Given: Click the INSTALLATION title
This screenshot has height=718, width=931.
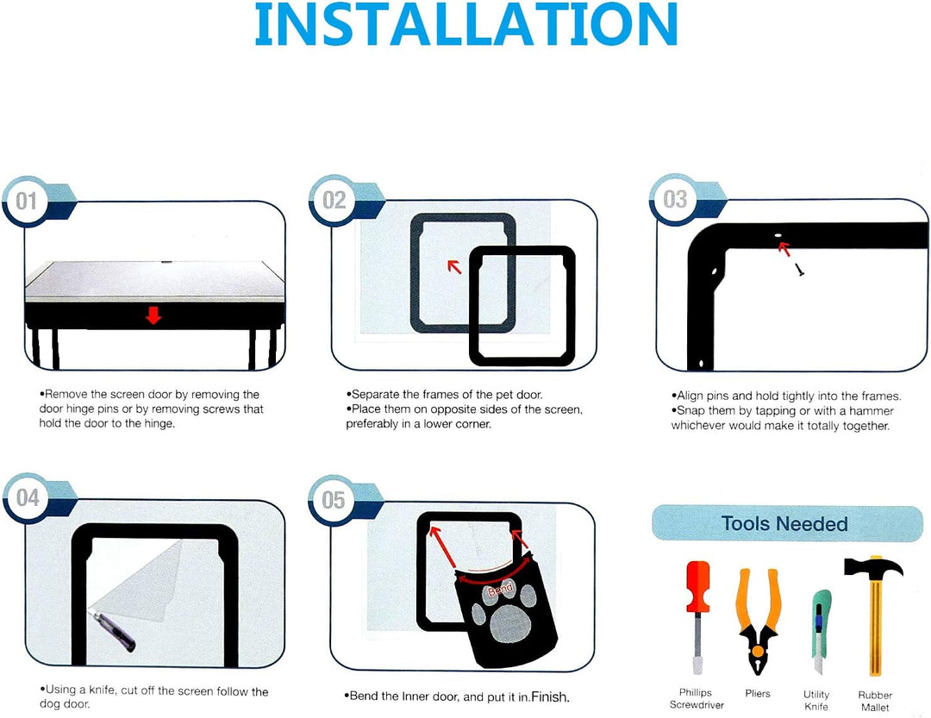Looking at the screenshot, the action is point(466,24).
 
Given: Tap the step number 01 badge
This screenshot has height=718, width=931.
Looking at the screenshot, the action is point(26,201).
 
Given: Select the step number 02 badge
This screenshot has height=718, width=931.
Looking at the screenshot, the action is point(333,200).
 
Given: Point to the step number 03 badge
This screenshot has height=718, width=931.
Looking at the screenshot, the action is point(674,199).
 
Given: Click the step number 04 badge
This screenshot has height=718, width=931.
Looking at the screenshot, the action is point(28,497).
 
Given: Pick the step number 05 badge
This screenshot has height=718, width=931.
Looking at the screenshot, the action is point(333,500).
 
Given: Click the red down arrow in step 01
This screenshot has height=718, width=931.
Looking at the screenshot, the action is point(153,315).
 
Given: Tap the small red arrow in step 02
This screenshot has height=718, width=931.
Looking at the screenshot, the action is point(454,266).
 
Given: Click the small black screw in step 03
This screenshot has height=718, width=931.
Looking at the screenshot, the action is point(799,270).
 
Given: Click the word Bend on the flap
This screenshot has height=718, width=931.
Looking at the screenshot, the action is point(500,590).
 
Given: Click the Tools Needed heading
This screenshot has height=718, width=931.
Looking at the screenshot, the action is point(784,523).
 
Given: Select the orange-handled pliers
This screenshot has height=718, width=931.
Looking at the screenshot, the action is point(757,621).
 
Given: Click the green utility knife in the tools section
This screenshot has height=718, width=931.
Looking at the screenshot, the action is point(820,632).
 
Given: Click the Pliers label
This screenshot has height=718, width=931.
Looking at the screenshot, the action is point(758,693).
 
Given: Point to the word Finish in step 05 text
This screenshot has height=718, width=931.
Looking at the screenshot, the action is point(550,696).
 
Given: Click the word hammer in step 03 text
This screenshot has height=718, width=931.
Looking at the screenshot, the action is point(871,411).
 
